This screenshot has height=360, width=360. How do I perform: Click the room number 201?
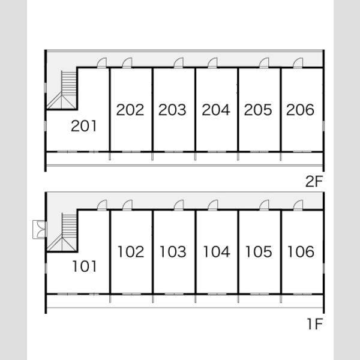point(83,126)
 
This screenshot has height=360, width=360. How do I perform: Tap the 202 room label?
point(130,110)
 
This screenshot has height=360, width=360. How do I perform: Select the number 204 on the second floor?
point(216,110)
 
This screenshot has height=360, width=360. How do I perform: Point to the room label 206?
point(300,110)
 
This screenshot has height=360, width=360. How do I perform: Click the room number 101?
point(85,266)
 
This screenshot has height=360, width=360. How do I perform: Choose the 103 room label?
point(173,251)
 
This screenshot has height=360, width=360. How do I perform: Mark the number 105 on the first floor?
point(259,251)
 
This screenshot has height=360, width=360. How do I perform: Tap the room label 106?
point(301,251)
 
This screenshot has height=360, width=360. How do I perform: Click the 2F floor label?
point(314,181)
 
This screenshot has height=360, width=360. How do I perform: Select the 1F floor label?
point(315,324)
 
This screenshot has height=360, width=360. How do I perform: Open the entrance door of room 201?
point(102,62)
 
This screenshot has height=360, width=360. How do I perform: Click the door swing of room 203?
point(178,62)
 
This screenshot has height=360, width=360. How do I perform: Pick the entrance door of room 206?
point(298,62)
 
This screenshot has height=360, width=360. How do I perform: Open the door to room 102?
point(127,205)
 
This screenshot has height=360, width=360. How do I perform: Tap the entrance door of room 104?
point(212,205)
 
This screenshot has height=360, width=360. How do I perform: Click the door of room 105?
point(264,205)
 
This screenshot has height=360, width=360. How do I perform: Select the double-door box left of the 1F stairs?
point(40,230)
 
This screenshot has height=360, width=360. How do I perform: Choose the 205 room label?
point(258,110)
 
